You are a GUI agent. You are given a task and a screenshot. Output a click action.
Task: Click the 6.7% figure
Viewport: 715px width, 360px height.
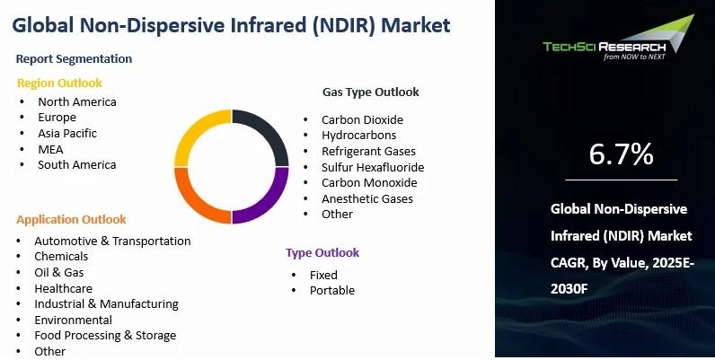click(621, 154)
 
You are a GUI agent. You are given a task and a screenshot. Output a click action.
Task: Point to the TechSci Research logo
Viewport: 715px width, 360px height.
click(618, 38)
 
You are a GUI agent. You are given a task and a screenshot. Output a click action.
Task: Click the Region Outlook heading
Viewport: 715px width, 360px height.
click(60, 83)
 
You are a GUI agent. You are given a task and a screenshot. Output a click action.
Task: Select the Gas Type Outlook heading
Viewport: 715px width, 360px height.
click(371, 92)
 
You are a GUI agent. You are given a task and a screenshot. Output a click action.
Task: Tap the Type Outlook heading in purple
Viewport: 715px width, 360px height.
click(322, 253)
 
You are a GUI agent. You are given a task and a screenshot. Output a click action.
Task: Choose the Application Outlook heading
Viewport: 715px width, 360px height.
click(71, 220)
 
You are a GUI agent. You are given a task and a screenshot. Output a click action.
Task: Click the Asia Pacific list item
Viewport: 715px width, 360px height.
click(67, 134)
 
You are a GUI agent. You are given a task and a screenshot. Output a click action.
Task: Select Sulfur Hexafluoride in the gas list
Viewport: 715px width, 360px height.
click(373, 167)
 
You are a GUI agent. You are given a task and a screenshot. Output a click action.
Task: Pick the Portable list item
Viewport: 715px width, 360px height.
click(332, 290)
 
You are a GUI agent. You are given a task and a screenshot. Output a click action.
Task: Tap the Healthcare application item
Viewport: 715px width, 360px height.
click(64, 288)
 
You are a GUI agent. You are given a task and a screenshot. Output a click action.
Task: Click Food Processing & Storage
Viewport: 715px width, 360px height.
click(105, 336)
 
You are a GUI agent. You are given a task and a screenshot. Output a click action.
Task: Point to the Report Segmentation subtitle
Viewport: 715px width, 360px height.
click(74, 58)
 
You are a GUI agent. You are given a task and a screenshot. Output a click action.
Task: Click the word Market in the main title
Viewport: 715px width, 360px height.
click(415, 25)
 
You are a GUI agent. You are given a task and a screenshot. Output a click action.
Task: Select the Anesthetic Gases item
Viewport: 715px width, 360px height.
click(367, 198)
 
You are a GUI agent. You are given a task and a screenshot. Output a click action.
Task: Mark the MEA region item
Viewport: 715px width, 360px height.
click(50, 149)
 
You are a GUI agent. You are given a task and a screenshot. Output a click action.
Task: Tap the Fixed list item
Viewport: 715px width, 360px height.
click(323, 276)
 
